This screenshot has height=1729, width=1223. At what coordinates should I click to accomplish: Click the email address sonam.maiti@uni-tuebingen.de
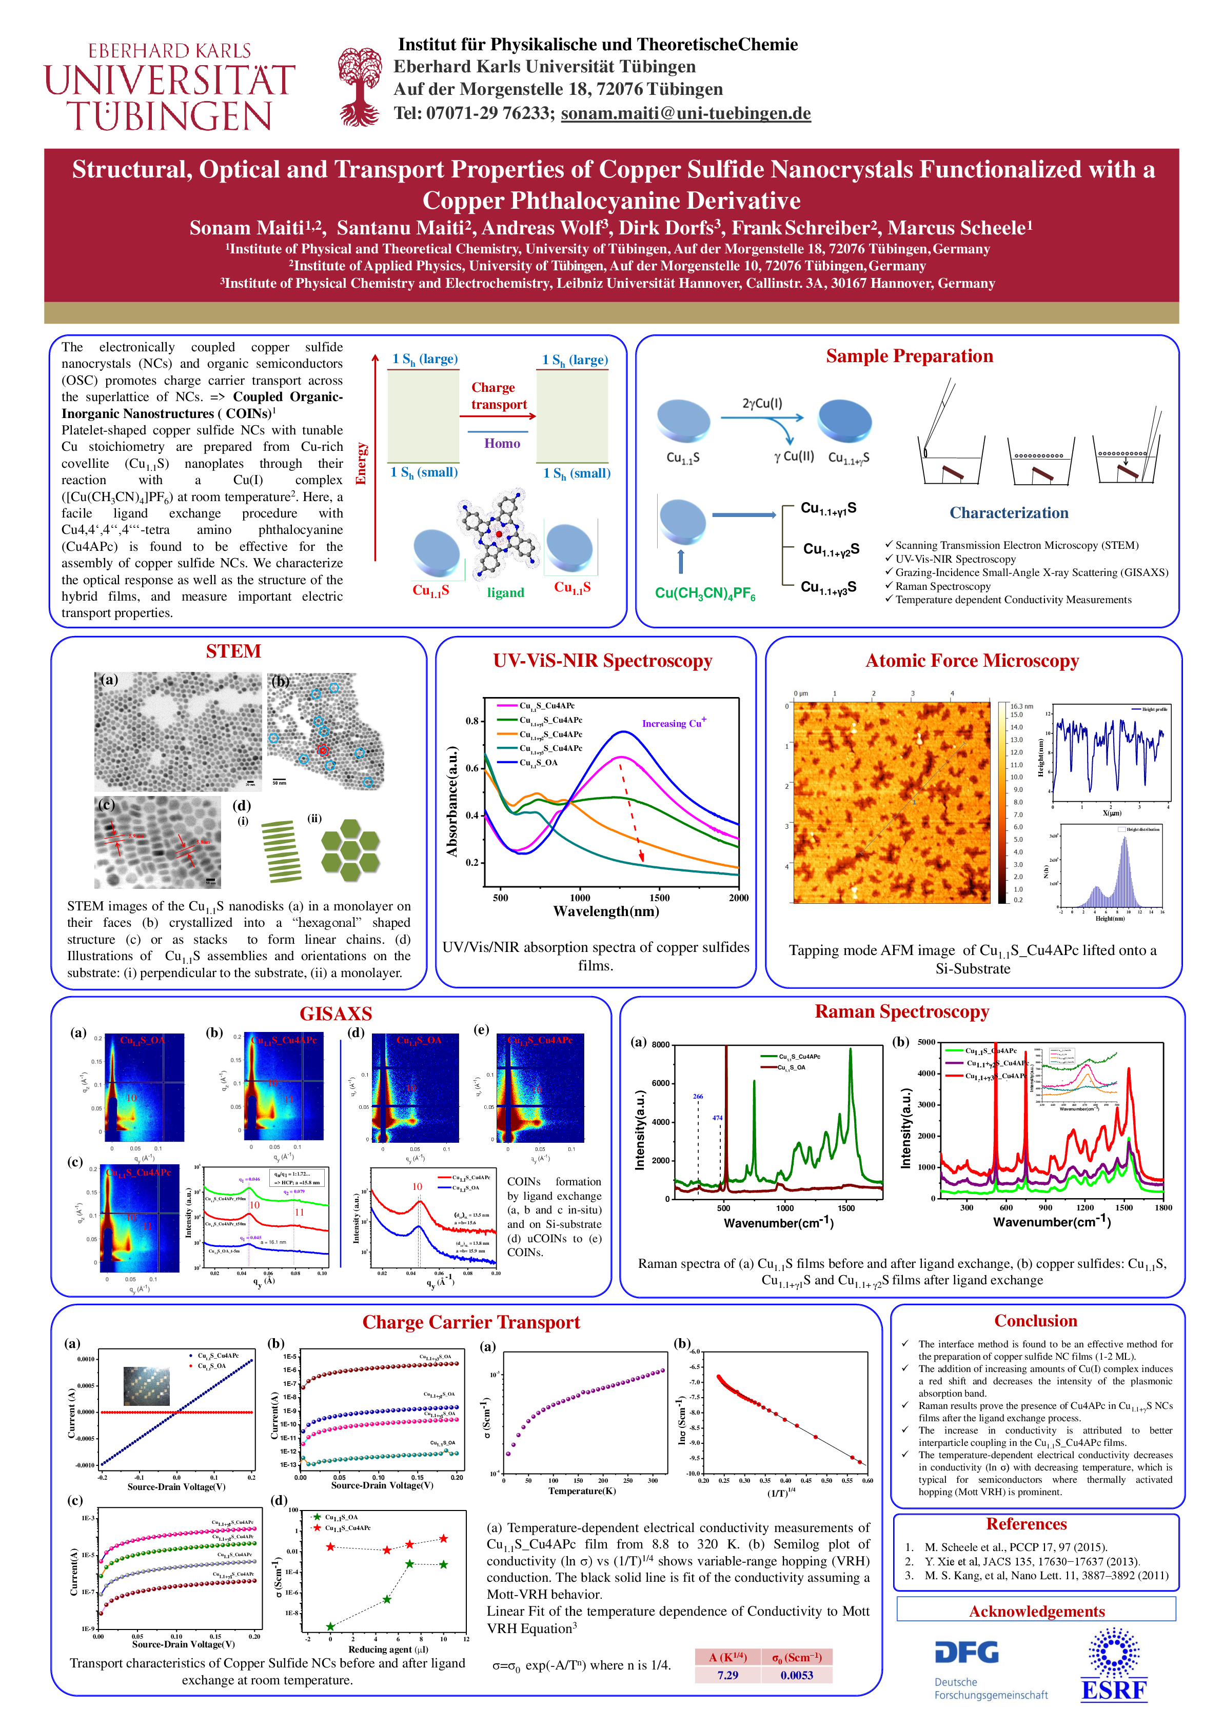coord(685,114)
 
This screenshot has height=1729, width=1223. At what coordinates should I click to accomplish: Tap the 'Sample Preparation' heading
coord(909,356)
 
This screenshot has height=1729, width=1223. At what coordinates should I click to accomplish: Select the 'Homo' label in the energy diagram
coord(502,444)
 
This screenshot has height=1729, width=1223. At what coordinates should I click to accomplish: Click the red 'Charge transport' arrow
coord(498,415)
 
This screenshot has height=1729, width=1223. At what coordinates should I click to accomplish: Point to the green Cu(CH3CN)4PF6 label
coord(705,593)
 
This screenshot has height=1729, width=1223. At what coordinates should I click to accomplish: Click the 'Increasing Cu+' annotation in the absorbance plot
coord(673,723)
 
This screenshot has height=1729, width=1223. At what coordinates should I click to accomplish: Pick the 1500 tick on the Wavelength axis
coord(659,898)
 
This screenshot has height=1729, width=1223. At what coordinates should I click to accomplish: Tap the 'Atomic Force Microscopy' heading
coord(972,661)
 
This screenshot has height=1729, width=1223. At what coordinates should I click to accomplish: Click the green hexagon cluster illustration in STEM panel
coord(350,850)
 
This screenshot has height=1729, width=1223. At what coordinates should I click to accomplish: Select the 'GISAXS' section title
coord(336,1013)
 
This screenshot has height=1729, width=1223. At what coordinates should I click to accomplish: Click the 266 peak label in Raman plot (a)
coord(698,1097)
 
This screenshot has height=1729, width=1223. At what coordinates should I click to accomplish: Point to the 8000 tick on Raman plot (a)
coord(660,1044)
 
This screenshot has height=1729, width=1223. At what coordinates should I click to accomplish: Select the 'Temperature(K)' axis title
coord(582,1491)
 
